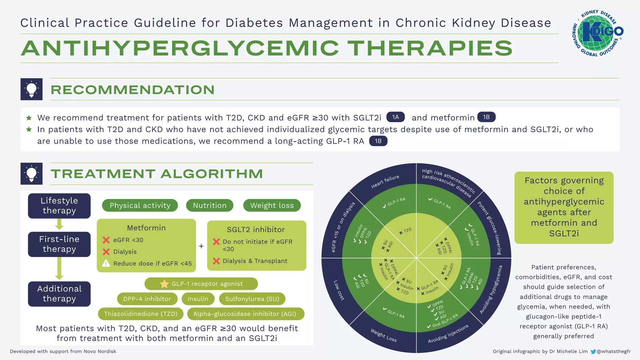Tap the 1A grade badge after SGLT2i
click(x=396, y=117)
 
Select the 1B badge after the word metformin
click(x=486, y=117)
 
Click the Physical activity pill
click(x=140, y=205)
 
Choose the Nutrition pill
click(x=210, y=205)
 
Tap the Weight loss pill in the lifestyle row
click(x=272, y=205)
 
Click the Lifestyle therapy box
click(x=59, y=206)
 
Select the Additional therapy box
click(x=59, y=294)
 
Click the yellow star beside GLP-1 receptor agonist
click(x=164, y=284)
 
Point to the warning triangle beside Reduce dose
click(x=106, y=263)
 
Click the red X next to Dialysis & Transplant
click(x=216, y=261)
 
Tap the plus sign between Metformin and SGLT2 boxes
click(x=201, y=246)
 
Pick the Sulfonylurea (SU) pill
click(x=252, y=299)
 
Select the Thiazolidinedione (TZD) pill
click(x=141, y=314)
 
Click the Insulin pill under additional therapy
click(x=198, y=299)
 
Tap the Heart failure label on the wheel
click(x=385, y=182)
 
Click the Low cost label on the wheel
click(x=339, y=290)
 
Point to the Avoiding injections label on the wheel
click(x=448, y=333)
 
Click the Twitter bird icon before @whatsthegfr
click(x=593, y=352)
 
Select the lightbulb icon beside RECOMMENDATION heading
click(x=32, y=89)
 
